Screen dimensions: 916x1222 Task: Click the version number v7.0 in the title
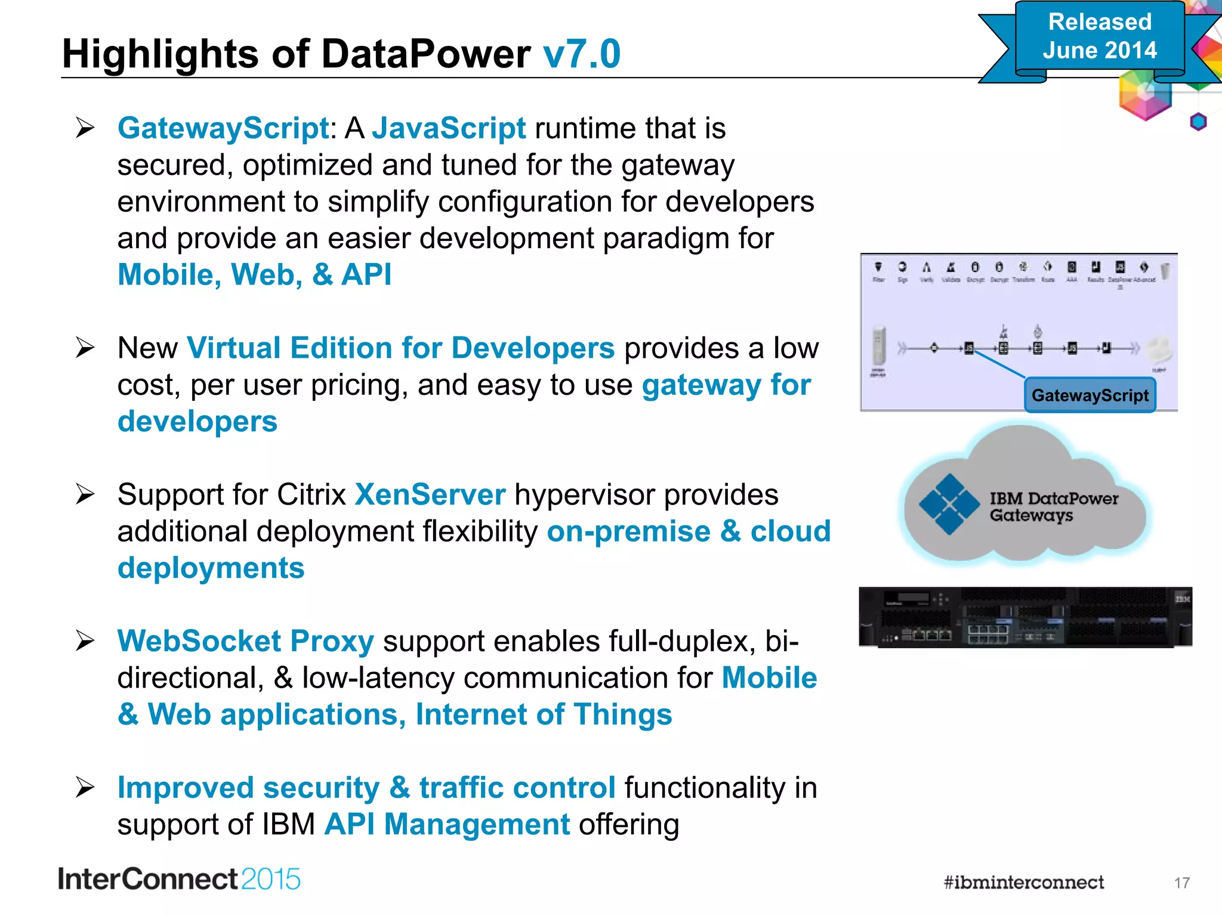(x=582, y=54)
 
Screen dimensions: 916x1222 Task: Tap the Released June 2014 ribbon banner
(x=1099, y=37)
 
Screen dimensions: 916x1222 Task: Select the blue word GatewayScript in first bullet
(x=223, y=128)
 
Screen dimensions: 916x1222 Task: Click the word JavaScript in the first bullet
(x=449, y=128)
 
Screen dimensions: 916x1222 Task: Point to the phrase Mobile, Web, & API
(x=254, y=275)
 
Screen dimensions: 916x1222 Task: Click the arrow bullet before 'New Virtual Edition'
(x=85, y=348)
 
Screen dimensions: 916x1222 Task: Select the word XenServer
(x=430, y=494)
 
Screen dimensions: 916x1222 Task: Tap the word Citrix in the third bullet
(x=311, y=494)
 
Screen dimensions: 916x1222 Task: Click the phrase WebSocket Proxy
(x=245, y=641)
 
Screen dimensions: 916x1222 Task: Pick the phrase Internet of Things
(x=544, y=714)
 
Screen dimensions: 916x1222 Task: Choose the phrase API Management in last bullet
(x=447, y=824)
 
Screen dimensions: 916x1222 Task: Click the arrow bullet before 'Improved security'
(x=85, y=788)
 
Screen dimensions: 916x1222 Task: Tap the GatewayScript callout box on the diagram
(x=1090, y=395)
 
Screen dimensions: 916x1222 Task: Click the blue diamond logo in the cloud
(x=948, y=505)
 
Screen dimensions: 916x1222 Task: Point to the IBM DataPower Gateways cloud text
(x=1053, y=506)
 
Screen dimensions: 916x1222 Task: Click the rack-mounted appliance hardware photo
(x=1024, y=617)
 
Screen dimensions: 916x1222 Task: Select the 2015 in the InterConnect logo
(x=271, y=880)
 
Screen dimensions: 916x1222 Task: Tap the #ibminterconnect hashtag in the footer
(x=1023, y=883)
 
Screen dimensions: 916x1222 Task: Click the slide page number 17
(x=1181, y=883)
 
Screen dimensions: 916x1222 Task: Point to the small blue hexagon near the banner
(x=1198, y=122)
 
